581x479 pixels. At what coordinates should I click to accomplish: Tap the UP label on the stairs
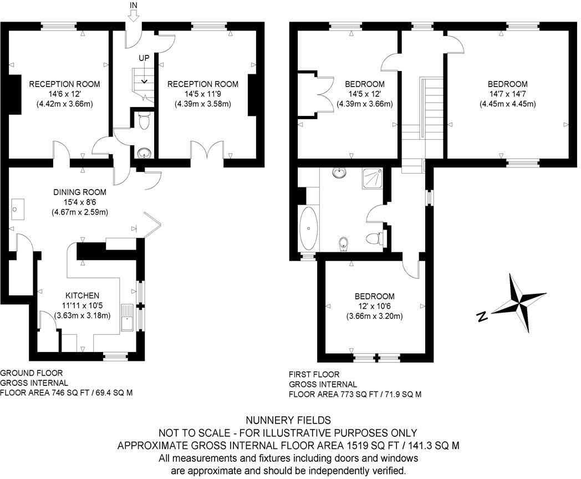pyautogui.click(x=144, y=58)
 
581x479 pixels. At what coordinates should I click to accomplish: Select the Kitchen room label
pyautogui.click(x=82, y=295)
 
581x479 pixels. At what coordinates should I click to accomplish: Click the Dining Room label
pyautogui.click(x=79, y=192)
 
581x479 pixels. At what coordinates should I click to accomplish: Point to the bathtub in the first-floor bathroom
pyautogui.click(x=307, y=228)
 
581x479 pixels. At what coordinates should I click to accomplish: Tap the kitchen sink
pyautogui.click(x=126, y=318)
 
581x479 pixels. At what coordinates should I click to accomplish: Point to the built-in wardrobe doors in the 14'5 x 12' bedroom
pyautogui.click(x=325, y=94)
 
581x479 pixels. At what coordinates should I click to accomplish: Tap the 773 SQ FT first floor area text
pyautogui.click(x=355, y=394)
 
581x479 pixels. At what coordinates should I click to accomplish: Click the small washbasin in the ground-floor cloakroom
pyautogui.click(x=144, y=153)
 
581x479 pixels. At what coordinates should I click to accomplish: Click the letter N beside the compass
pyautogui.click(x=482, y=317)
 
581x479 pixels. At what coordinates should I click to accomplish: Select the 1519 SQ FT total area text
pyautogui.click(x=288, y=445)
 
